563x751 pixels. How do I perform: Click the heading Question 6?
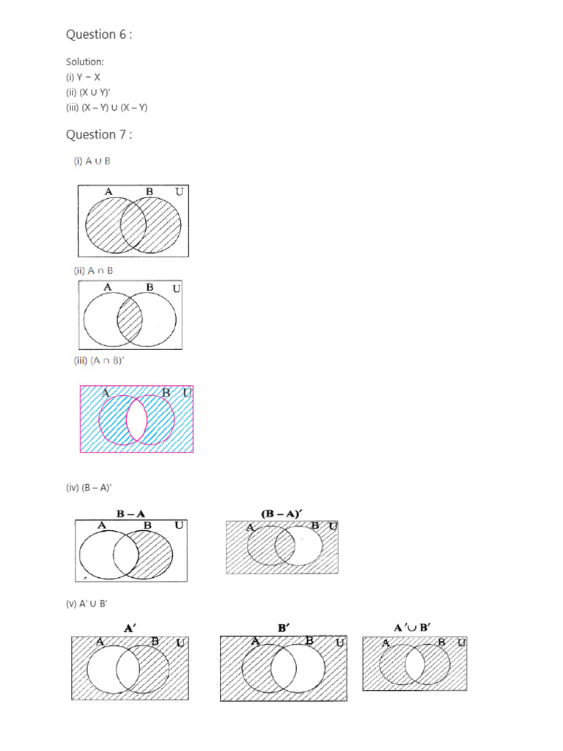pyautogui.click(x=99, y=34)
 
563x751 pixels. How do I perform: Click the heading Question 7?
pyautogui.click(x=99, y=134)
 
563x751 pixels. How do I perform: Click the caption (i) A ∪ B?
pyautogui.click(x=92, y=161)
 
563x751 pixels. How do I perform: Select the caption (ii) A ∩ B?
pyautogui.click(x=92, y=271)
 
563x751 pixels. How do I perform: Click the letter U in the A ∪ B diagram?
pyautogui.click(x=179, y=192)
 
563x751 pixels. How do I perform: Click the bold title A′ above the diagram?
pyautogui.click(x=131, y=627)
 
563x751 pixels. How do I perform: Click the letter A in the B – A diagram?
pyautogui.click(x=101, y=525)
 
